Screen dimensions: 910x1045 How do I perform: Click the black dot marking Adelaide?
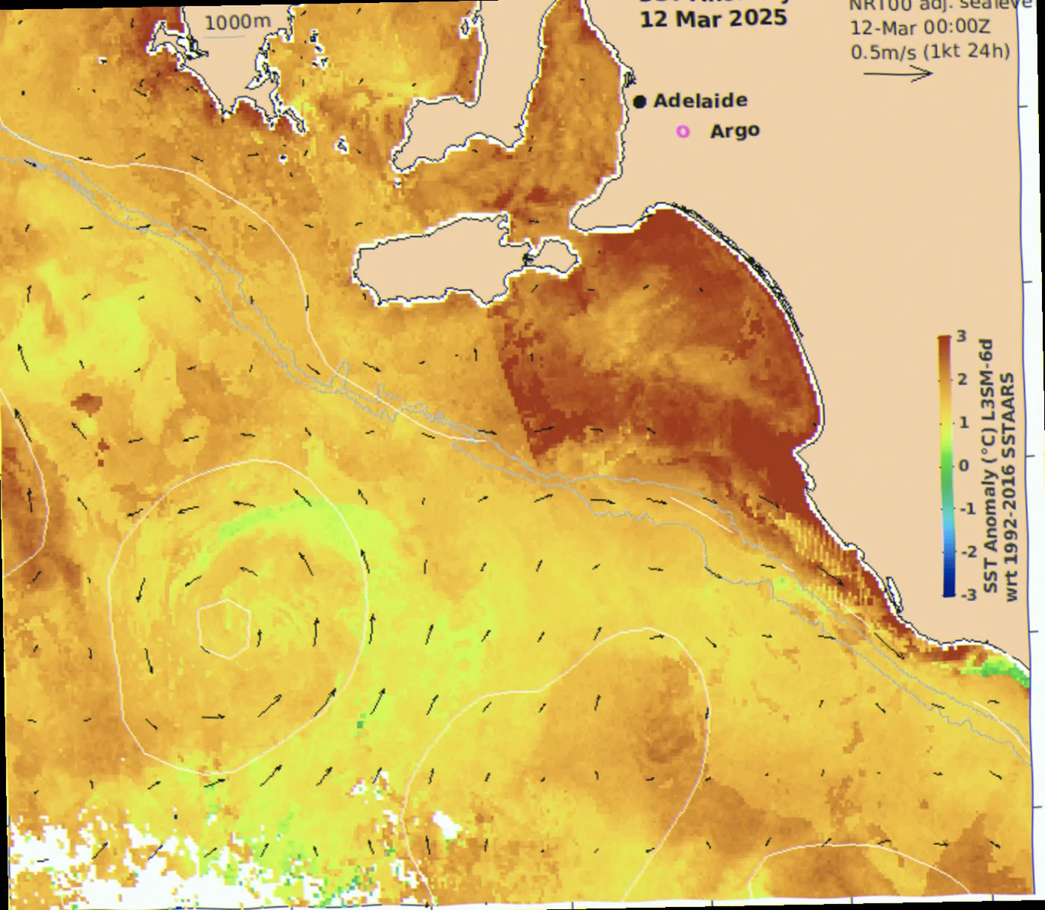click(639, 102)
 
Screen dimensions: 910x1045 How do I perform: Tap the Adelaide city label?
click(700, 100)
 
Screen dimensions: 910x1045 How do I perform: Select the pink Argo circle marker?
click(683, 132)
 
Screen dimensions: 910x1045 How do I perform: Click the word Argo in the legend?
click(735, 131)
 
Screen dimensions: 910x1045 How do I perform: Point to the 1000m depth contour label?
click(237, 22)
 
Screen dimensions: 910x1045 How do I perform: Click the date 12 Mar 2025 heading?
click(713, 19)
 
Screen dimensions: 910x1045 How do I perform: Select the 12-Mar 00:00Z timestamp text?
click(920, 28)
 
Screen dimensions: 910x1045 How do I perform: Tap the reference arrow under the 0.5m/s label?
click(898, 73)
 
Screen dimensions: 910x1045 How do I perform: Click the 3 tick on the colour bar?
click(962, 336)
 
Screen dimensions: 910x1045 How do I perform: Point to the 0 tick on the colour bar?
click(964, 466)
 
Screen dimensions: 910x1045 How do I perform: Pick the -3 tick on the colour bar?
click(968, 595)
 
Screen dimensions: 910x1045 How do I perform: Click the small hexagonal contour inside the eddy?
click(223, 629)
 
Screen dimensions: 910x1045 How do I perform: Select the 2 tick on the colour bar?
click(962, 379)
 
